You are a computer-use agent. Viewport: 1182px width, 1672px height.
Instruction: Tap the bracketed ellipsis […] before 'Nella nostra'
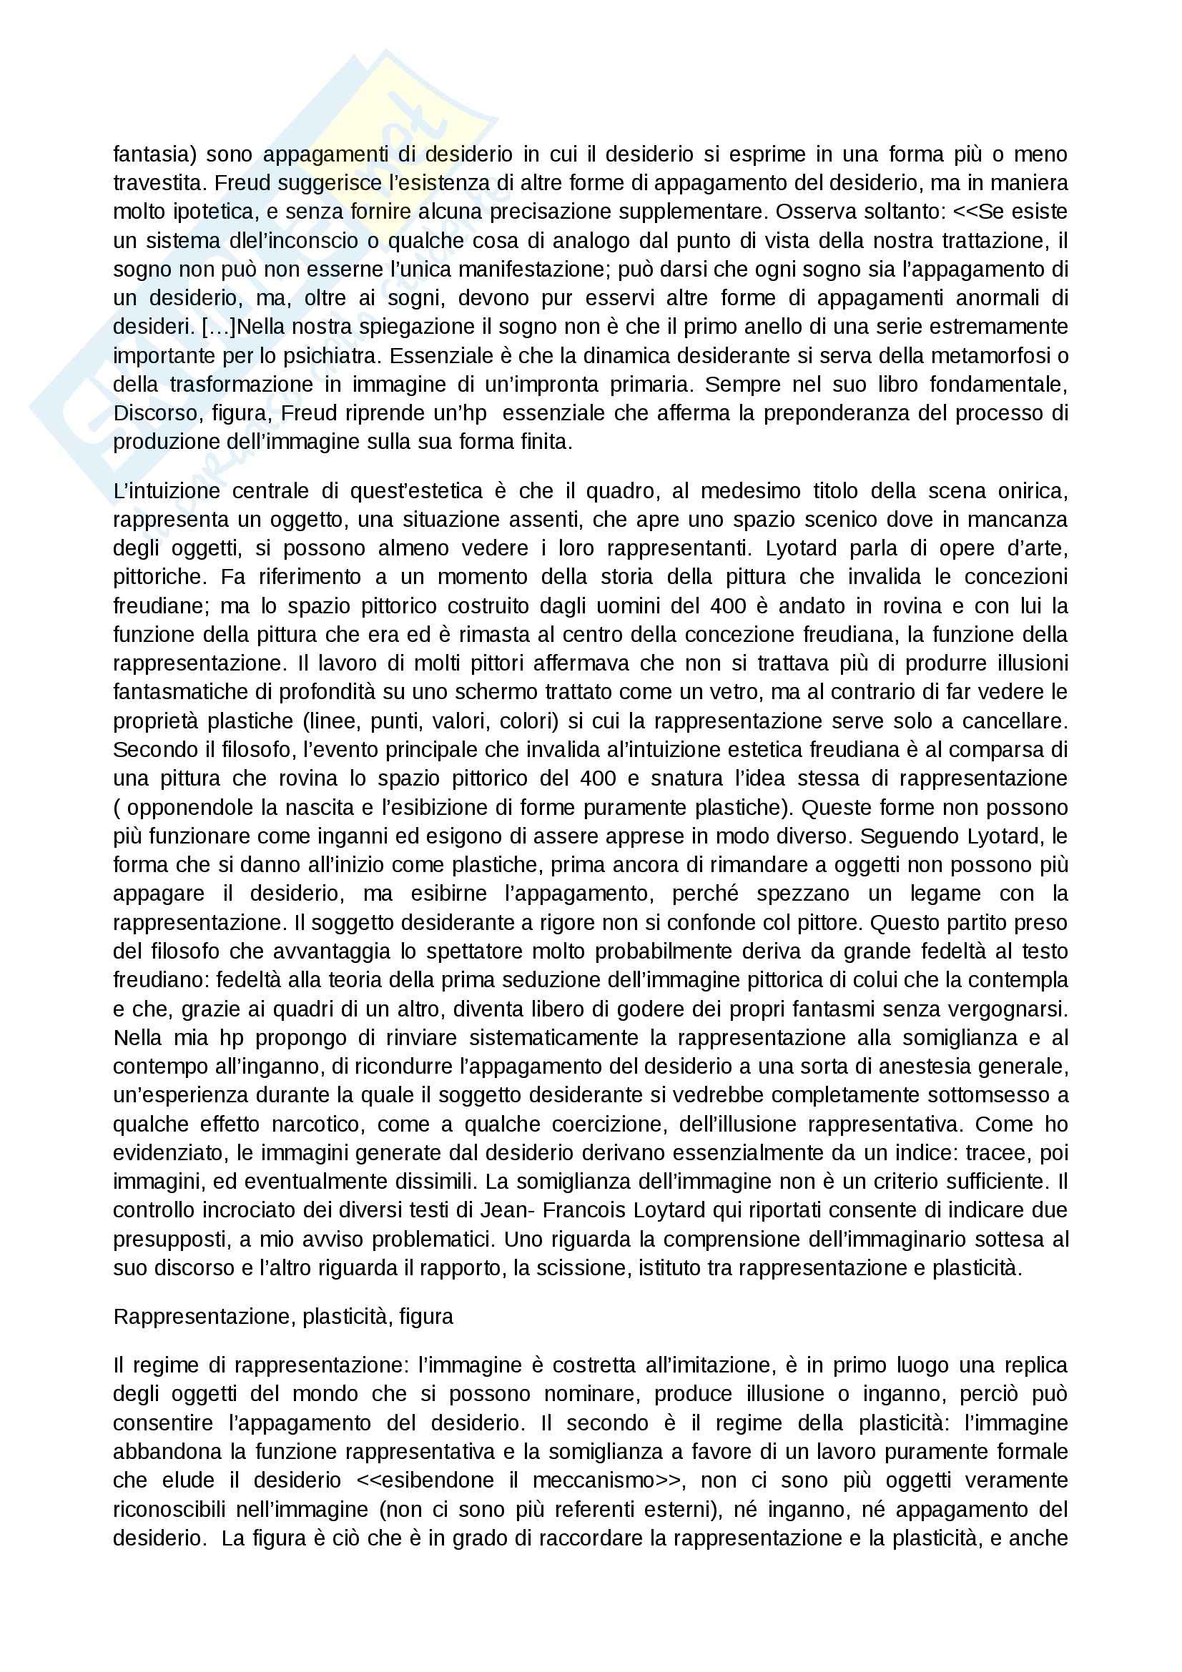(219, 326)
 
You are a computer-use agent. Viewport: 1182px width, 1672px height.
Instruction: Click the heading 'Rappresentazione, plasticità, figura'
(283, 1317)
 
